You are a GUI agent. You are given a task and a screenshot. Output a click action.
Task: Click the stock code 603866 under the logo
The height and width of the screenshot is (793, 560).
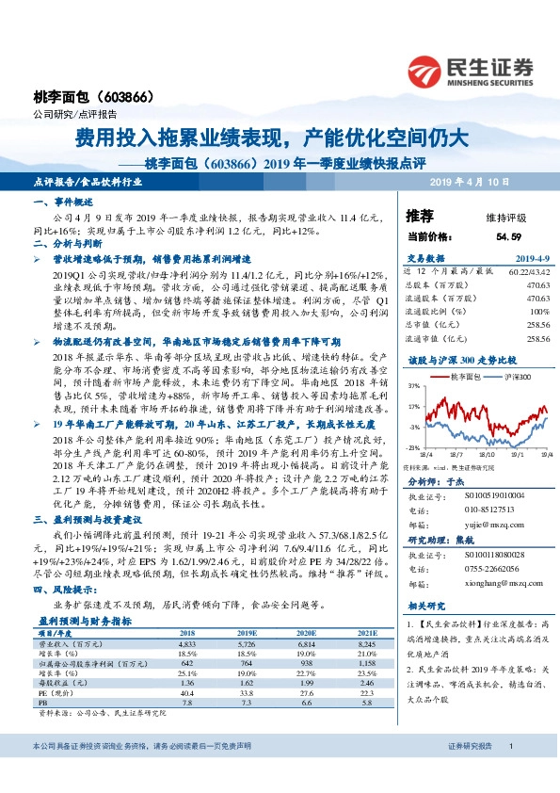click(x=120, y=99)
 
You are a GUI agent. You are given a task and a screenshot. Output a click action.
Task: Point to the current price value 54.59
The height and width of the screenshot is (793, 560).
click(x=507, y=237)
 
